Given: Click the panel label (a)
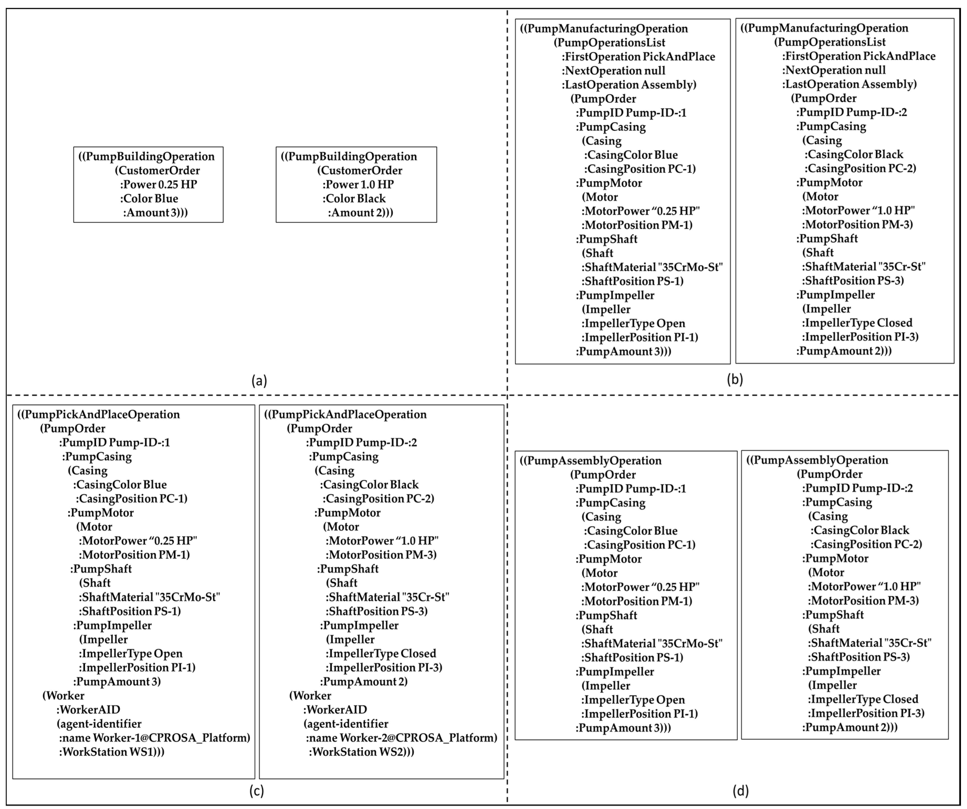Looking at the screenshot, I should coord(259,381).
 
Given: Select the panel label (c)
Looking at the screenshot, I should coord(256,791).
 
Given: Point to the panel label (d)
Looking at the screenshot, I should coord(740,791).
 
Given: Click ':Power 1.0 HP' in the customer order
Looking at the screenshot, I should coord(358,184).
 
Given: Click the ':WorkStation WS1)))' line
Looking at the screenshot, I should coord(112,752).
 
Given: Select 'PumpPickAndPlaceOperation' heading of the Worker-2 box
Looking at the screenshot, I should coord(345,414).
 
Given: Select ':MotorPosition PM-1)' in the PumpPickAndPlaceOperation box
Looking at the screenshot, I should coord(134,555).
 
